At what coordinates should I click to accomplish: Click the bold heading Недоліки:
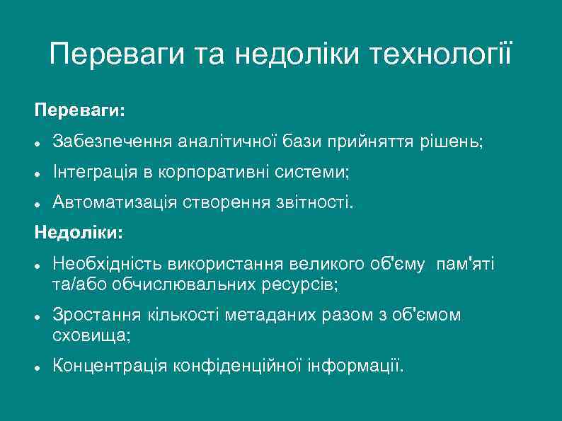[79, 232]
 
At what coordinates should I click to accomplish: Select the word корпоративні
[205, 173]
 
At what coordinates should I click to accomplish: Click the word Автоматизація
[115, 203]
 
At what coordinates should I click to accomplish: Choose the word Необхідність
[108, 265]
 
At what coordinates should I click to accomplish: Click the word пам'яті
[466, 265]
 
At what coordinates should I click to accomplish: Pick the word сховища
[90, 335]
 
